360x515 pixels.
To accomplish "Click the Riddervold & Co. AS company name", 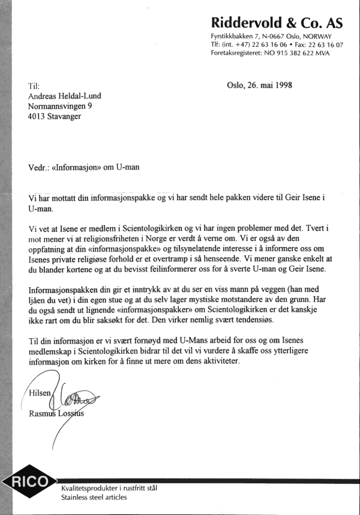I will pos(277,23).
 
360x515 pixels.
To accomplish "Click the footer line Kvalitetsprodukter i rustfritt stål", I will pos(109,488).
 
